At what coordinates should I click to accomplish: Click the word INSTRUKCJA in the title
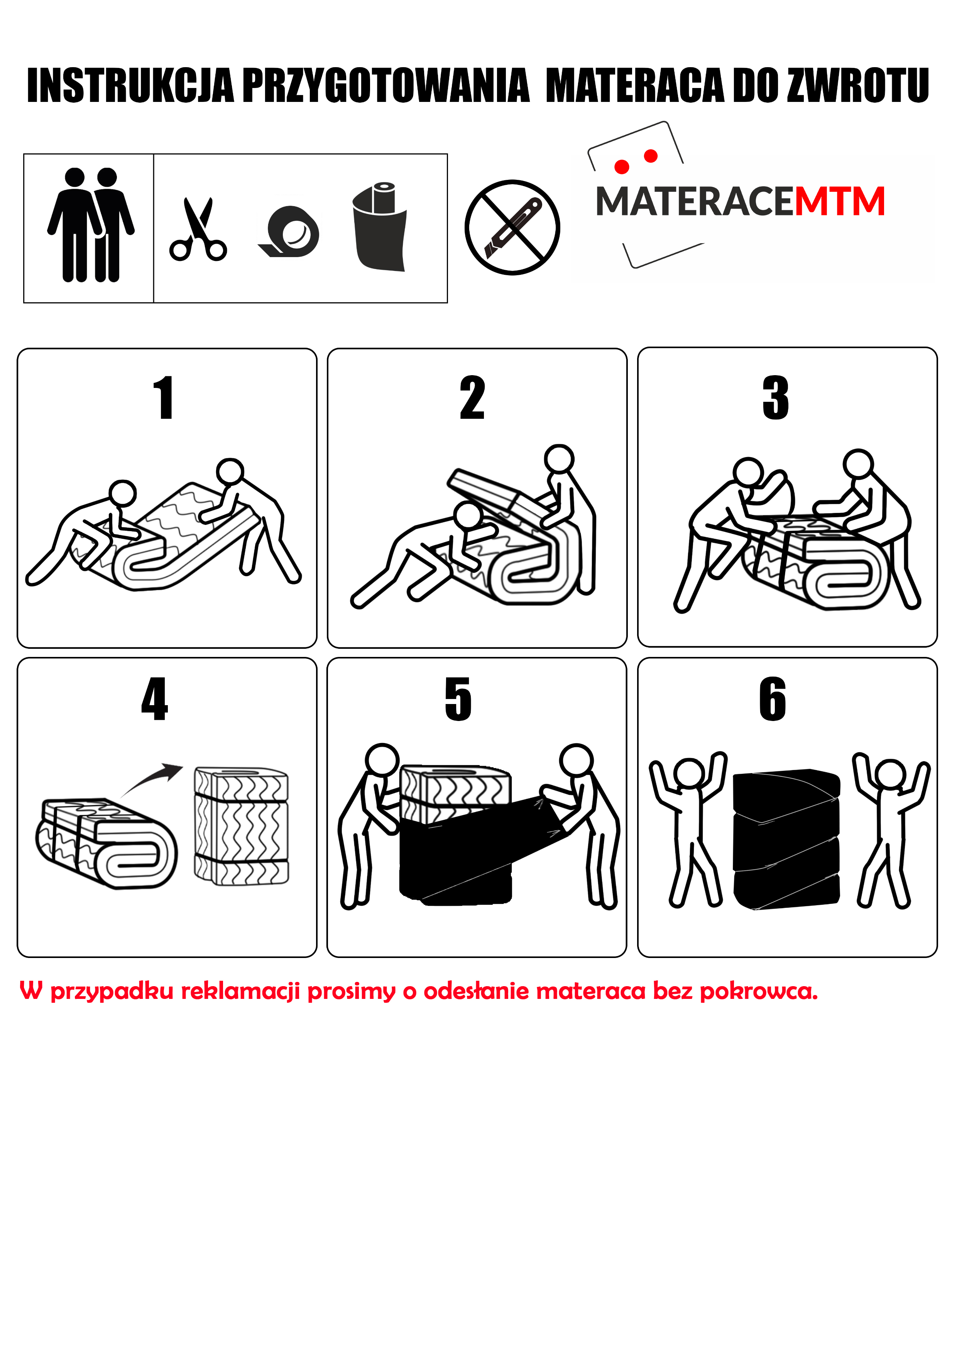131,86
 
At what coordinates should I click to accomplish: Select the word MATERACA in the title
634,86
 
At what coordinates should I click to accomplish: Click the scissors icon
198,229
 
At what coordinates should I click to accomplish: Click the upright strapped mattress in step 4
242,826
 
